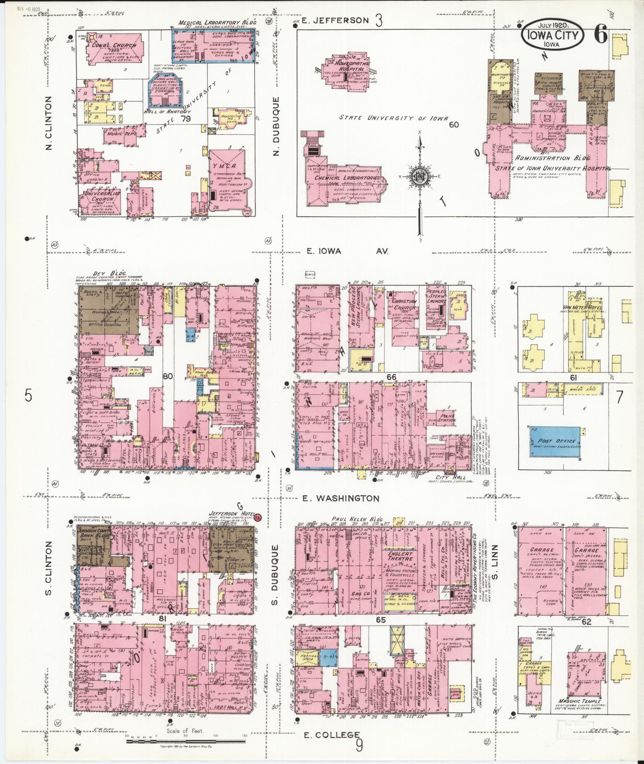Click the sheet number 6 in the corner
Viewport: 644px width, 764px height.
pos(600,36)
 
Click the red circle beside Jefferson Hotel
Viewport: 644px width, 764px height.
pos(258,517)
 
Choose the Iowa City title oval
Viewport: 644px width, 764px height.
pos(552,36)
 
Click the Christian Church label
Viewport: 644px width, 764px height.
pos(404,305)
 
